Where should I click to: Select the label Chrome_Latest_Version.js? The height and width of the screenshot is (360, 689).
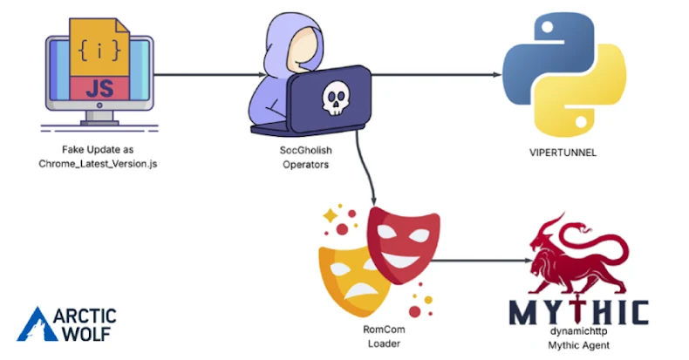pos(98,163)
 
